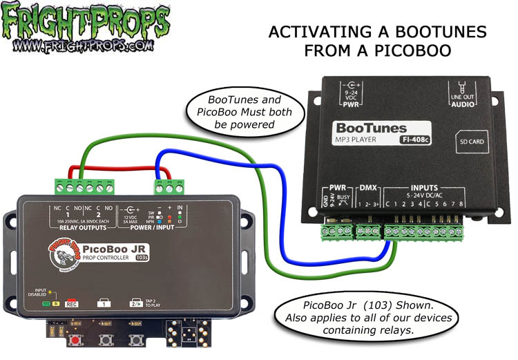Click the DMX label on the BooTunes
pos(367,187)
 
